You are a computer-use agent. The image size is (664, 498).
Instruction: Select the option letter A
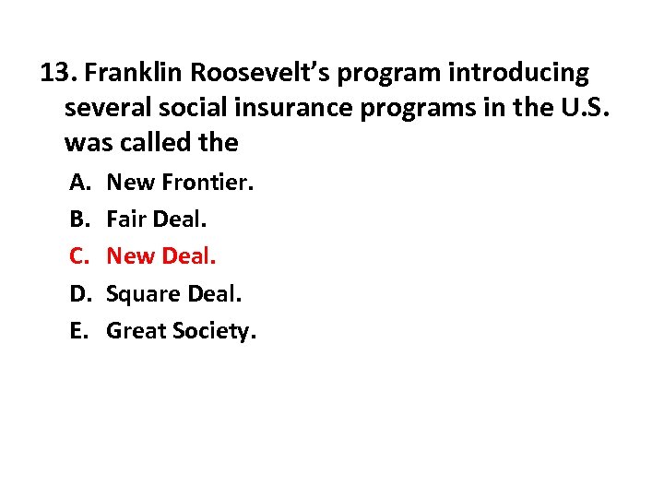coord(78,183)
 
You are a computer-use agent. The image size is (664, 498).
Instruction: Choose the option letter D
coord(78,293)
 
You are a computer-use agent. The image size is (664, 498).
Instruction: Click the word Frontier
coord(207,183)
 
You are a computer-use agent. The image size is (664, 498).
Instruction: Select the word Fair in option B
coord(125,219)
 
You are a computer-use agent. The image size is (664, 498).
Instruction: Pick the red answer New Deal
coord(161,256)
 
